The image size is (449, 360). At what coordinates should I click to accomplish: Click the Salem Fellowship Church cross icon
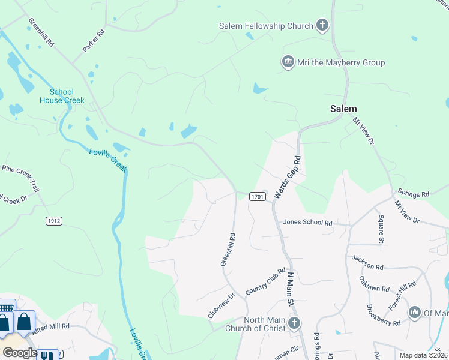[x=323, y=26]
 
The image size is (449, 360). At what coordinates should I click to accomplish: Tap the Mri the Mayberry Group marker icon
[x=288, y=62]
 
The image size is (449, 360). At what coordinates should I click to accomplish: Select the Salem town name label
[x=343, y=109]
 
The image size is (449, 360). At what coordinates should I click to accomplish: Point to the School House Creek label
[x=62, y=96]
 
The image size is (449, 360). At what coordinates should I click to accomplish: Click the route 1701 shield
[x=257, y=197]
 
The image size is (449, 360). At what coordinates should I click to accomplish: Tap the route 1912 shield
[x=54, y=221]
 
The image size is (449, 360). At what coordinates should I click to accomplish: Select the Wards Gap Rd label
[x=287, y=177]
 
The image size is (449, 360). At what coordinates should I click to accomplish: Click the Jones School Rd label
[x=308, y=223]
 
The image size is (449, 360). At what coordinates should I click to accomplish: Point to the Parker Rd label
[x=94, y=40]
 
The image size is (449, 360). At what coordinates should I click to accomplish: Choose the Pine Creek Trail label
[x=20, y=178]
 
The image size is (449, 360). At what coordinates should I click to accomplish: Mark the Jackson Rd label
[x=367, y=262]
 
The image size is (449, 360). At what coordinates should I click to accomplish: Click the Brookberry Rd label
[x=383, y=315]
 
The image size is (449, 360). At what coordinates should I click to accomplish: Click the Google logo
[x=20, y=352]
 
